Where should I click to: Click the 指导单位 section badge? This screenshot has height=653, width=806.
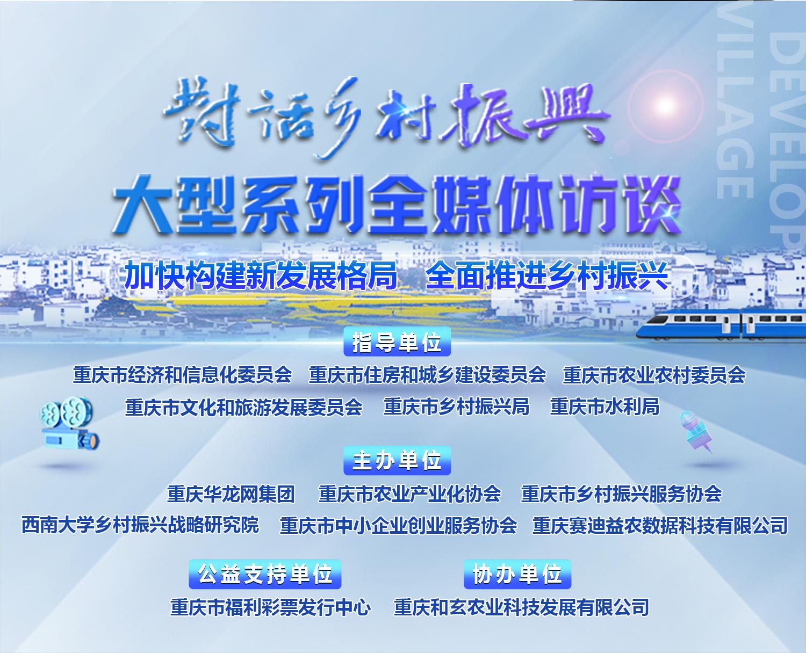click(397, 342)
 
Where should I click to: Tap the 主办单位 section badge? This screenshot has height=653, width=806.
click(397, 460)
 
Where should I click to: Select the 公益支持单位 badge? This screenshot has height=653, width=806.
click(265, 574)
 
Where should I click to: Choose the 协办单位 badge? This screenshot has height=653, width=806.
click(517, 574)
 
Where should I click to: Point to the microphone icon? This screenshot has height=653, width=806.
click(695, 432)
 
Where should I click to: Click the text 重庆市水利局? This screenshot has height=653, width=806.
click(604, 407)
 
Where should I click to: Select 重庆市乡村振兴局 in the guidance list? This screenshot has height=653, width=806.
click(456, 407)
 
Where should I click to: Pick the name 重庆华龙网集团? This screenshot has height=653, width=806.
click(231, 494)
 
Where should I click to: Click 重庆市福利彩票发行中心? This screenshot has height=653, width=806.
click(271, 607)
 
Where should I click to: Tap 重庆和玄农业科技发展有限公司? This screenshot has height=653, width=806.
click(521, 607)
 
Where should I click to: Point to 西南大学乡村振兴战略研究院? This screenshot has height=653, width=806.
click(140, 525)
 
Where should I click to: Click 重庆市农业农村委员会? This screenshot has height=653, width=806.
click(654, 375)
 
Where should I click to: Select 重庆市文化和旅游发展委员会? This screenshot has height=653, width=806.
click(244, 407)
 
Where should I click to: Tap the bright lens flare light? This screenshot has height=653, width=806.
click(665, 106)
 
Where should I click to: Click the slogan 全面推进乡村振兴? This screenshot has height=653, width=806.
click(547, 275)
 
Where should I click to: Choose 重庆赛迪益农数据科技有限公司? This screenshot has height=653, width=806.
click(660, 526)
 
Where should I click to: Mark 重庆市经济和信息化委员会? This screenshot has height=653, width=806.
click(182, 375)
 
